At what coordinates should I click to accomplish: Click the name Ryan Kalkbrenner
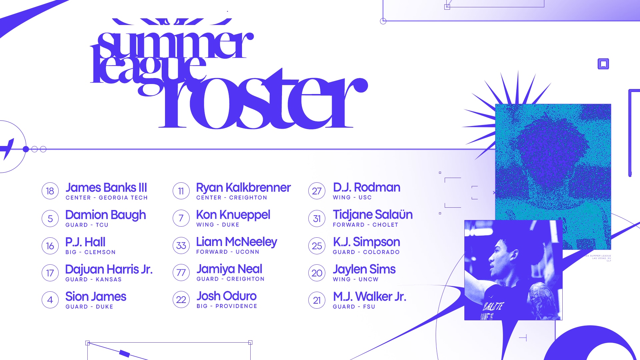tap(243, 188)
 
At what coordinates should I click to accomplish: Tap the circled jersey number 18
tap(50, 191)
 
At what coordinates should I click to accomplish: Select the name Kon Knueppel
tap(233, 215)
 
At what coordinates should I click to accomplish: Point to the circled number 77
tap(181, 273)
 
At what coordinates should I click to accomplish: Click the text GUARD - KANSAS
tap(93, 279)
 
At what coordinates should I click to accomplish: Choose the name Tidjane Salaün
tap(373, 215)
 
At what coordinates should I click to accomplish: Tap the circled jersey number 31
tap(317, 219)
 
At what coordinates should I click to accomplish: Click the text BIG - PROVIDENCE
tap(227, 306)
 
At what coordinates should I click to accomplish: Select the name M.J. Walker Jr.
tap(369, 296)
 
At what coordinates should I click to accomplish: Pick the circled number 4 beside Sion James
tap(50, 300)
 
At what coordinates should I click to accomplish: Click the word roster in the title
tap(263, 103)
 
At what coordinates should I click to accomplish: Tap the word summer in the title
tap(175, 45)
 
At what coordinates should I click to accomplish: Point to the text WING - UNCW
tap(355, 279)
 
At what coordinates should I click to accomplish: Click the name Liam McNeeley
tap(236, 242)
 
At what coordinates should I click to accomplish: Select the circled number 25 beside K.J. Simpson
tap(317, 246)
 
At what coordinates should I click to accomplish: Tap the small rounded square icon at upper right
tap(603, 64)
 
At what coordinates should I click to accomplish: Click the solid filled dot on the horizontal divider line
tap(26, 149)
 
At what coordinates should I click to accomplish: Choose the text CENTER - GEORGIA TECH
tap(106, 198)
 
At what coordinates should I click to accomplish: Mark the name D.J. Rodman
tap(366, 187)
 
